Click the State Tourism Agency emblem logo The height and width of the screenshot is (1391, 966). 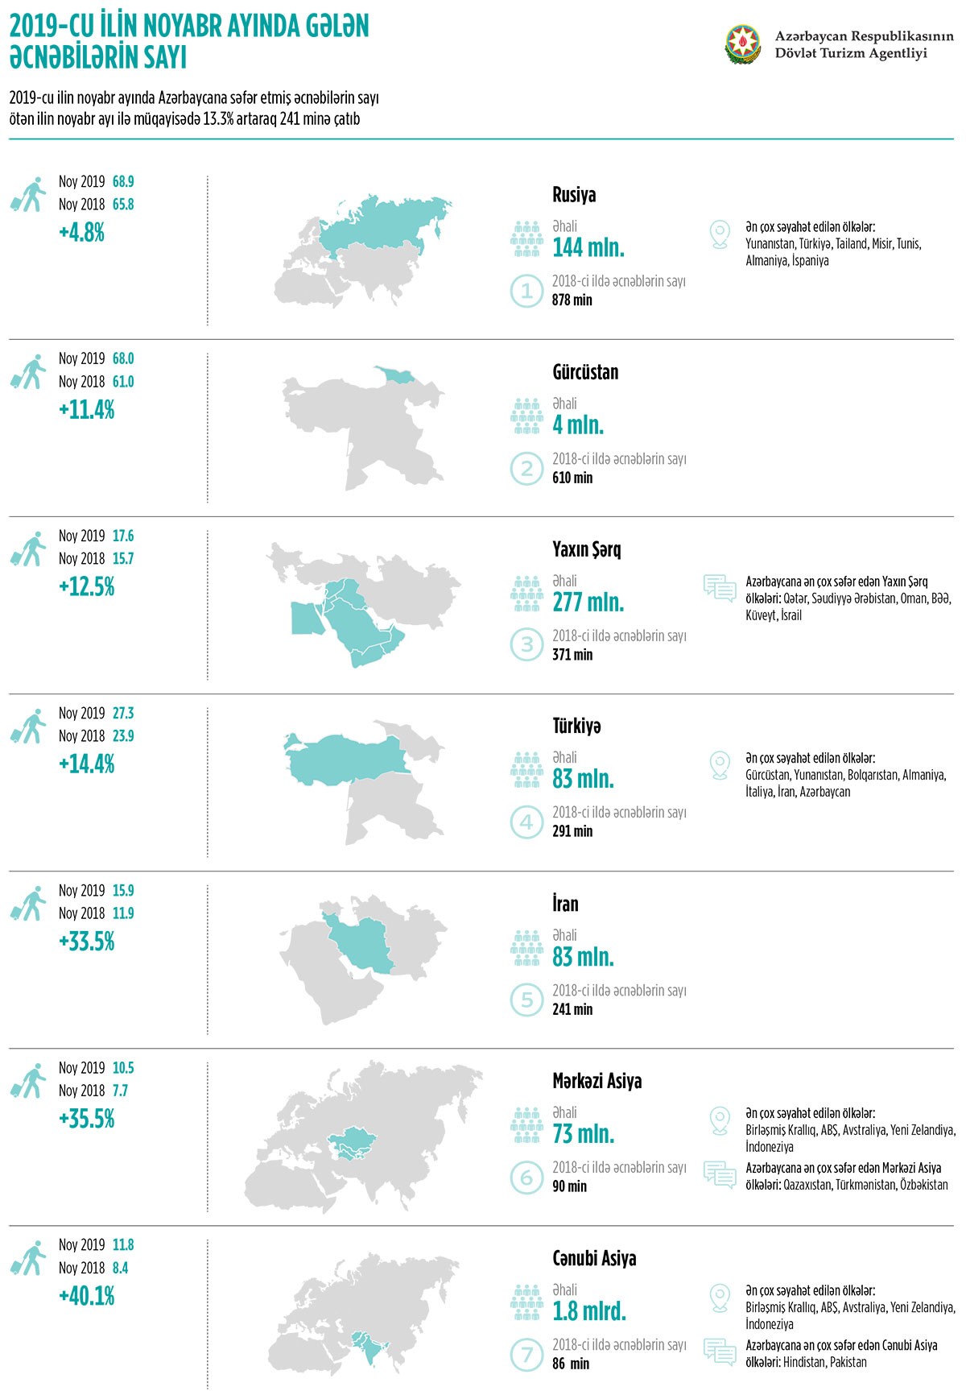[x=742, y=44]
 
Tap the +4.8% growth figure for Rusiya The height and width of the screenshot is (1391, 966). [x=82, y=233]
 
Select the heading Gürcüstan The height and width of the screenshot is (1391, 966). [x=585, y=372]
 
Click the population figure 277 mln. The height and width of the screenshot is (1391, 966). [x=588, y=602]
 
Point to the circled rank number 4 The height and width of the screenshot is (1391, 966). [x=526, y=822]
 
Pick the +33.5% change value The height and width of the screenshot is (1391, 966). [x=87, y=942]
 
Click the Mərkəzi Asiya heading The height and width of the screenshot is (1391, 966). [x=597, y=1081]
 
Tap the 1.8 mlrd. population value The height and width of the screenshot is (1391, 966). [x=589, y=1311]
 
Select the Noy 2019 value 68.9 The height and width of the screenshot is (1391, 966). [x=123, y=182]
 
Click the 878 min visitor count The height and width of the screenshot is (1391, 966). [x=572, y=300]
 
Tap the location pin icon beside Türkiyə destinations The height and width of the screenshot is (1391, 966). [x=720, y=765]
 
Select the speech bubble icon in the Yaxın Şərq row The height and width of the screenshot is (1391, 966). [x=720, y=589]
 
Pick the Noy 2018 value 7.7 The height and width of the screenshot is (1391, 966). [x=120, y=1091]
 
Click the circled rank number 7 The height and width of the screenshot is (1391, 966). [x=526, y=1354]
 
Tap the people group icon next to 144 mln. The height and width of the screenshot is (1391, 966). [x=526, y=239]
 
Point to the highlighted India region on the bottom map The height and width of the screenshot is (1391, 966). [x=368, y=1346]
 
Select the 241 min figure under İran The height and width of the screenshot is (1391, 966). [x=572, y=1009]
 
